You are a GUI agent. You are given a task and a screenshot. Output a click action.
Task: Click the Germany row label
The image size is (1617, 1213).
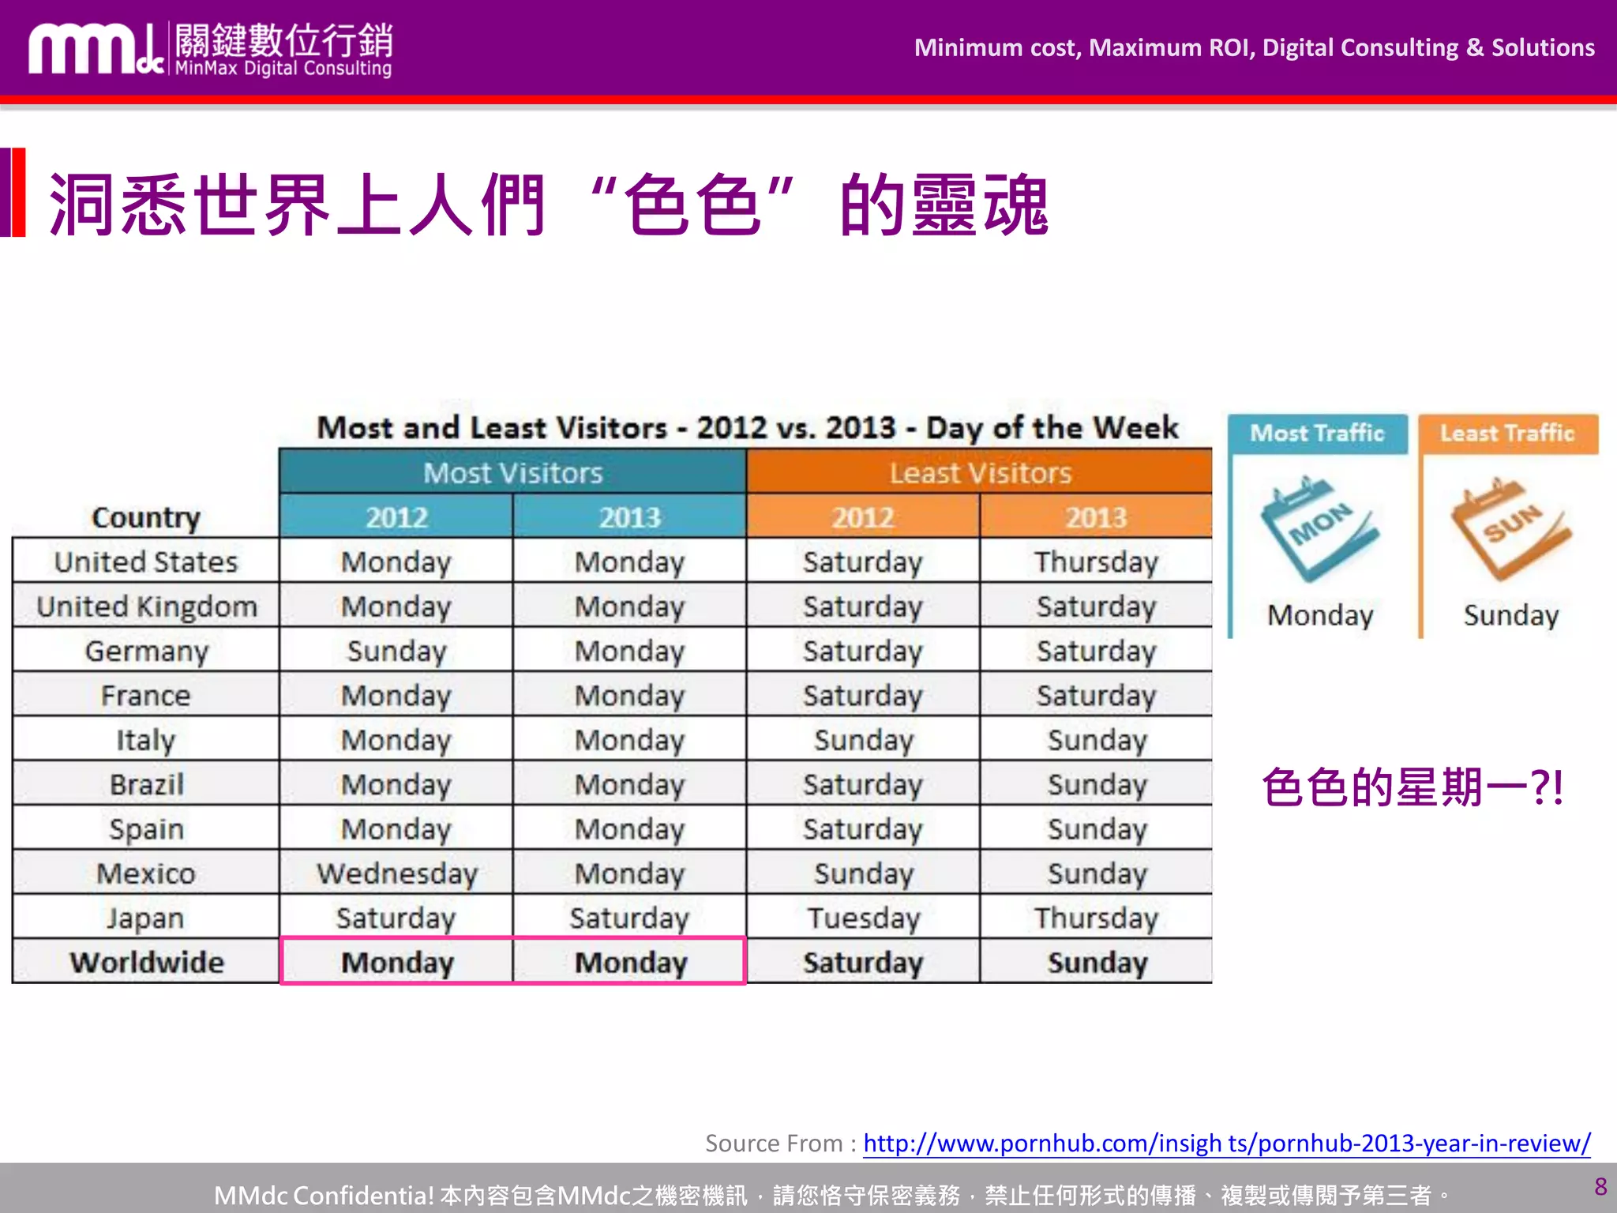pyautogui.click(x=146, y=651)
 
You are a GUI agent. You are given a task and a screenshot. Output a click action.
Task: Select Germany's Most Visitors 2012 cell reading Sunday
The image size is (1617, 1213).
pyautogui.click(x=396, y=651)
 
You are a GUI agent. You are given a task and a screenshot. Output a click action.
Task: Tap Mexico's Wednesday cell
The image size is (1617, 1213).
pyautogui.click(x=396, y=873)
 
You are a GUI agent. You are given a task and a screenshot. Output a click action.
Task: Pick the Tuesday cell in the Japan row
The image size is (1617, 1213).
pyautogui.click(x=863, y=918)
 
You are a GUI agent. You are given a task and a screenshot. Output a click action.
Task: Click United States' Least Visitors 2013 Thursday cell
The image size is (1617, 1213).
pyautogui.click(x=1096, y=561)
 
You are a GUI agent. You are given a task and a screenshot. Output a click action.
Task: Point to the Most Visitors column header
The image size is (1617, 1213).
pyautogui.click(x=512, y=472)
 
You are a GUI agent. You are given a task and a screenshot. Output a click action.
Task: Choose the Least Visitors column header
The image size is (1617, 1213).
pyautogui.click(x=980, y=472)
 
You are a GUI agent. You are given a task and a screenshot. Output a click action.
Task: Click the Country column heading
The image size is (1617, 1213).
pyautogui.click(x=146, y=517)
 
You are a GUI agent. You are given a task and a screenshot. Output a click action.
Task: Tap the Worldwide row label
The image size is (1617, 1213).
pyautogui.click(x=146, y=962)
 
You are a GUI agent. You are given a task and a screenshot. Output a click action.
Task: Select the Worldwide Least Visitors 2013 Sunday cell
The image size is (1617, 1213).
pyautogui.click(x=1097, y=963)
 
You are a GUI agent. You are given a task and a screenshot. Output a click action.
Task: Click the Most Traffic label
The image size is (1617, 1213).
pyautogui.click(x=1317, y=433)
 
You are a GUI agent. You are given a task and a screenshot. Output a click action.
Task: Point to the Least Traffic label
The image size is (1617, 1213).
pyautogui.click(x=1507, y=433)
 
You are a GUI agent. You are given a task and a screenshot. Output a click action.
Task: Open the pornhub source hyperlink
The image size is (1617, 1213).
pyautogui.click(x=1226, y=1143)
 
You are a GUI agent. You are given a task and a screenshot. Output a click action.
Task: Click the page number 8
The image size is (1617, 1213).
pyautogui.click(x=1600, y=1186)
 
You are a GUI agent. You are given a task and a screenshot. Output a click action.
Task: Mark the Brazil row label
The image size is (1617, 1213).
pyautogui.click(x=146, y=784)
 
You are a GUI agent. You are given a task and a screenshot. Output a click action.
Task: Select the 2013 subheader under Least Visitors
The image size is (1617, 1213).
pyautogui.click(x=1096, y=517)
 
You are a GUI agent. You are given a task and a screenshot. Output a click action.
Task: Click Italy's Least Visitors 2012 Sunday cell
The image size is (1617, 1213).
pyautogui.click(x=863, y=740)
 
